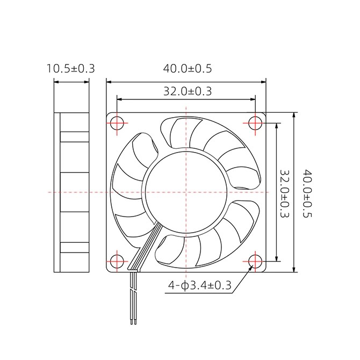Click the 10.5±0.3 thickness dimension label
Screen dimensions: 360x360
point(71,68)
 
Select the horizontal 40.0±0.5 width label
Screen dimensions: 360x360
point(188,68)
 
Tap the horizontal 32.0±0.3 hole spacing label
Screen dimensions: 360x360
point(188,91)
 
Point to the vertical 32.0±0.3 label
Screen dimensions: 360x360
point(285,193)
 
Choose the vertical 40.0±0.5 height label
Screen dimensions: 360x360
point(308,193)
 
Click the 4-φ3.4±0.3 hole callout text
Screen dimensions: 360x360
point(200,285)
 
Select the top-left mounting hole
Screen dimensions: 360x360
point(117,123)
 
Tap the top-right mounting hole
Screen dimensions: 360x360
point(255,123)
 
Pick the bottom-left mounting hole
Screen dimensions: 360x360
point(117,261)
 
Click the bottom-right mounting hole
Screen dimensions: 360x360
point(255,261)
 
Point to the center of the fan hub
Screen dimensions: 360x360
point(186,192)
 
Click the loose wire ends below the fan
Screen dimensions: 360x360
point(133,322)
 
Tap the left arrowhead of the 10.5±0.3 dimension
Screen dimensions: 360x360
point(57,82)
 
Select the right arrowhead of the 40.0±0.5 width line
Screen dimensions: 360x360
point(263,82)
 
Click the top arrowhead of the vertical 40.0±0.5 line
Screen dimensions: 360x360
point(293,116)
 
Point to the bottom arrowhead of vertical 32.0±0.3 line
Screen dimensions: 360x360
point(276,258)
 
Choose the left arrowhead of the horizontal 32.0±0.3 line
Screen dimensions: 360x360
point(120,99)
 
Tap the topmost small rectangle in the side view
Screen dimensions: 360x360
point(74,137)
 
